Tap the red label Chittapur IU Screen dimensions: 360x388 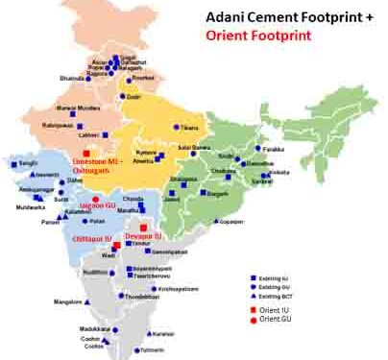click(x=93, y=237)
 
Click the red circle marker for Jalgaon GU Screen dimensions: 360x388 click(x=95, y=198)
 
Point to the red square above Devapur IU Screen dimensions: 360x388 click(x=142, y=227)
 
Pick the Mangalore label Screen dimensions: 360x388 click(x=66, y=301)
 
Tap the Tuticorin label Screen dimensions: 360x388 click(x=139, y=351)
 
